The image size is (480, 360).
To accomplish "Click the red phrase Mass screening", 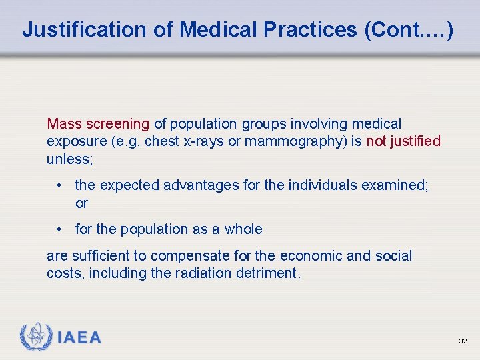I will coord(98,123).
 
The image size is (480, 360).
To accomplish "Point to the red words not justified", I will coord(403,141).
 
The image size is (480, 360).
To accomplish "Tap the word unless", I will coord(67,159).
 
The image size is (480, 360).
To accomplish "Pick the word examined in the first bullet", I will coord(393,185).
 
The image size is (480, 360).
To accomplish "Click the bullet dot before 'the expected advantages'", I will coord(60,185).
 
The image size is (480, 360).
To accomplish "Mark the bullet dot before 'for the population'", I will coord(60,229).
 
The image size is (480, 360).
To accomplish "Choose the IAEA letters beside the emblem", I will coord(79,337).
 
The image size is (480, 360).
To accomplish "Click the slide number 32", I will coord(463,341).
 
